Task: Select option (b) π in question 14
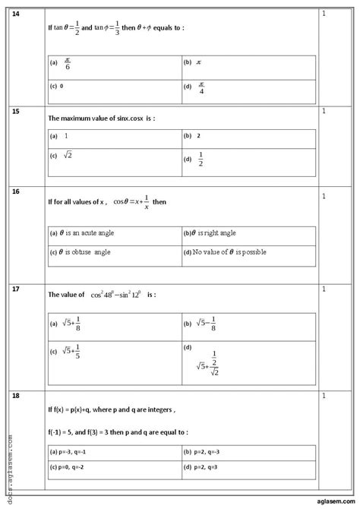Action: tap(191, 63)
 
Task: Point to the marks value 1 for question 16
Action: tap(324, 196)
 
